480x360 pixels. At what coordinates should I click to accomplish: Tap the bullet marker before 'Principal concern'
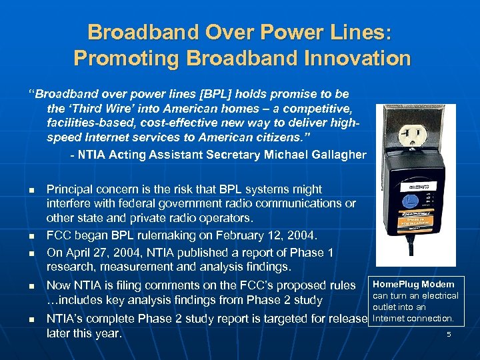(31, 191)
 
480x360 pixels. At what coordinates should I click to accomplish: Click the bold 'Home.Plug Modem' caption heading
(413, 284)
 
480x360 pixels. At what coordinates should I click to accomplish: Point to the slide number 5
(449, 334)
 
